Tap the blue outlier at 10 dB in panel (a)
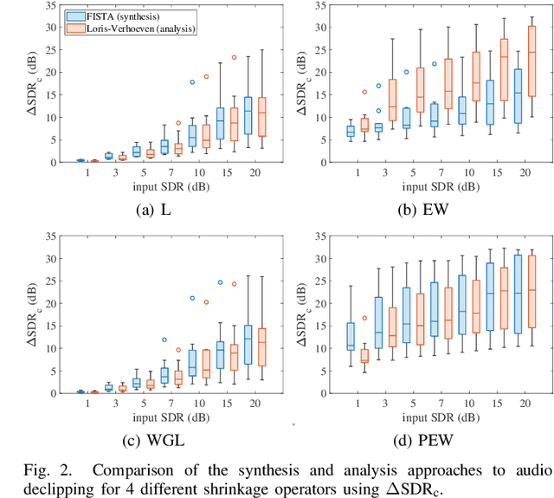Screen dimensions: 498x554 pos(192,82)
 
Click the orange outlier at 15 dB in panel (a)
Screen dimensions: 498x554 pos(234,58)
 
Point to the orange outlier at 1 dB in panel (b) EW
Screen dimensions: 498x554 pos(364,92)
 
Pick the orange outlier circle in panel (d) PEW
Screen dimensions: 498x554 pos(364,319)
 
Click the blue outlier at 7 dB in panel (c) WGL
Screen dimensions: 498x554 pos(164,315)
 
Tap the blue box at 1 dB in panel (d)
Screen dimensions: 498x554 pos(350,336)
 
